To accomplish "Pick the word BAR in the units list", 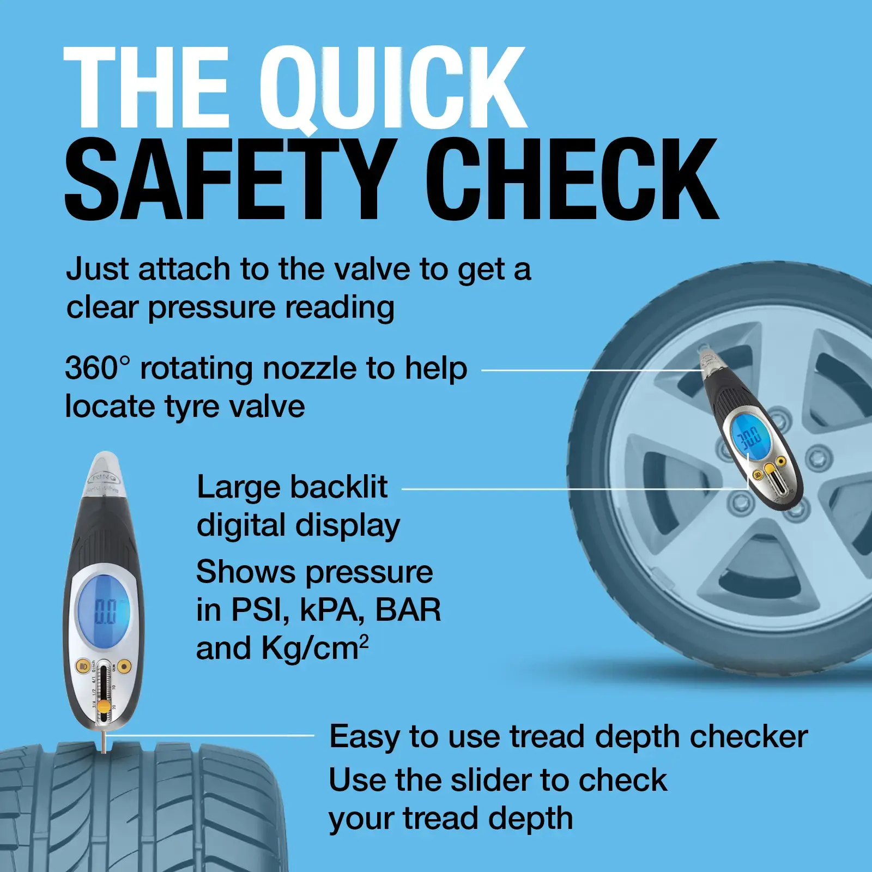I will coord(408,610).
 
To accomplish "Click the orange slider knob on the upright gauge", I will coord(104,706).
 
